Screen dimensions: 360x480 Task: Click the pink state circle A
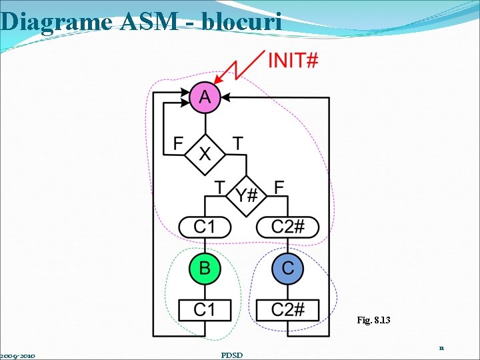pos(205,98)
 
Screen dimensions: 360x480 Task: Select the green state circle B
pos(205,269)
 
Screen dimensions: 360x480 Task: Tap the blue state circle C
pos(288,269)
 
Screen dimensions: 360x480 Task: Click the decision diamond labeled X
pos(205,154)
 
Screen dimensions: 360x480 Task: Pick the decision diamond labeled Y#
pos(247,195)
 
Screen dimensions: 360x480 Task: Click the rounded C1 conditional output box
pos(205,227)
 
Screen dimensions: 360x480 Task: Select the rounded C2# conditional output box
pos(288,227)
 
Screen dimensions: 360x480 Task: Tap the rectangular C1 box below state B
pos(205,310)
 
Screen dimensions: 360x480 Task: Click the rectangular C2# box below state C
pos(288,310)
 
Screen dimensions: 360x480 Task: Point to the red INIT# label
pos(293,61)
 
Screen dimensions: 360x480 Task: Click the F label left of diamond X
pos(178,143)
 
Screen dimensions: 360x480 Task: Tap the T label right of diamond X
pos(237,143)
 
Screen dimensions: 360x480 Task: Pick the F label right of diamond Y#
pos(279,187)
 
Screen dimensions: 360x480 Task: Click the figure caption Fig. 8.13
pos(373,321)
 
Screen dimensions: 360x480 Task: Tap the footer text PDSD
pos(231,355)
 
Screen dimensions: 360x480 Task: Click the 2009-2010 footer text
pos(18,355)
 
